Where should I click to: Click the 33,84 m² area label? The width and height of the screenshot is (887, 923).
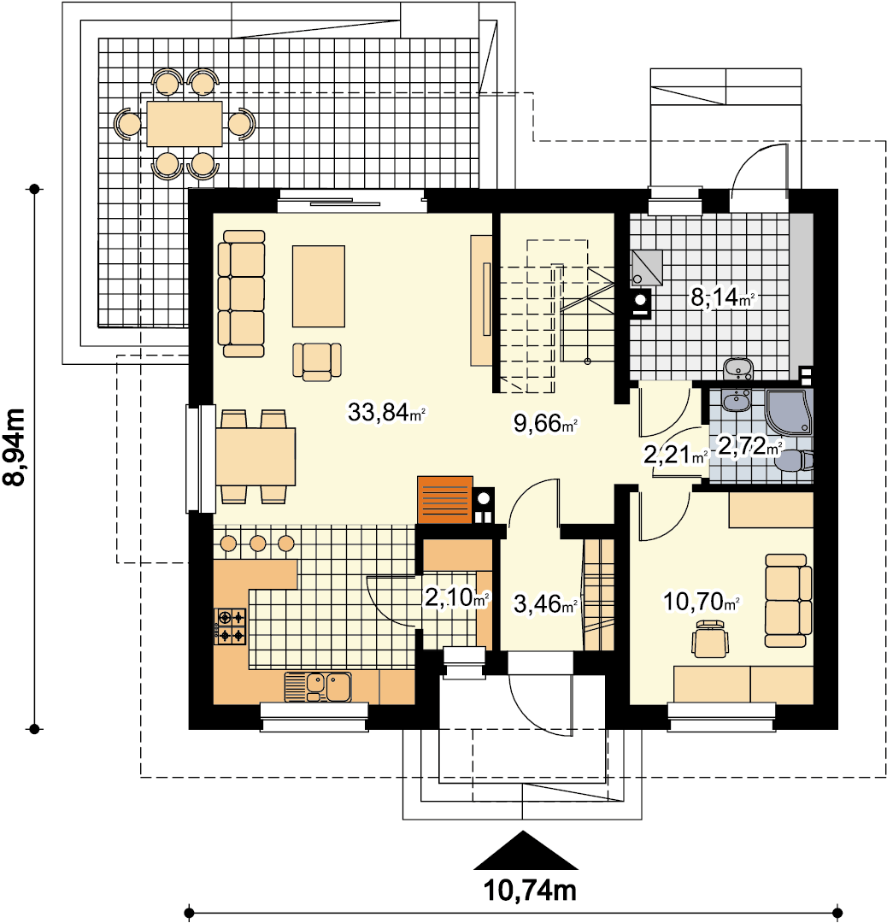(386, 412)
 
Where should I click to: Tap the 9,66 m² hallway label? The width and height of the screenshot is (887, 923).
(546, 423)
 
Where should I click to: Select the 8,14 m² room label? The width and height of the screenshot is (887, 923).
(722, 297)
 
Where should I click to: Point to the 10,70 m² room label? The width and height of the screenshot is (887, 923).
(701, 602)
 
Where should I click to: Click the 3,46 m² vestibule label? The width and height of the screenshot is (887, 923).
(545, 604)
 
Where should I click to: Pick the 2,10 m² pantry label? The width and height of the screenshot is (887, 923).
(456, 598)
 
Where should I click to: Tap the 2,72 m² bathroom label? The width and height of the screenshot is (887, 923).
(749, 445)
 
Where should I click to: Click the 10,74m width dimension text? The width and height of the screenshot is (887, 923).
(530, 891)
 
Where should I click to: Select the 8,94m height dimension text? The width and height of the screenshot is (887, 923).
(15, 447)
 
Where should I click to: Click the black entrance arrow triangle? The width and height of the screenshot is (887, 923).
(526, 850)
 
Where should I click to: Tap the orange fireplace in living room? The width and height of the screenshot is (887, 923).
(445, 499)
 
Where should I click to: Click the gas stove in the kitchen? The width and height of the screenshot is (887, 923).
(231, 626)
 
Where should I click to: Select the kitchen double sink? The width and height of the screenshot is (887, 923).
(318, 687)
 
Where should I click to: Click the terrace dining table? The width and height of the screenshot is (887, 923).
(185, 124)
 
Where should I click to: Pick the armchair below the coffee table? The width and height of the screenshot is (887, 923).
(317, 362)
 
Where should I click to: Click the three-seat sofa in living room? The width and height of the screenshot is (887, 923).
(241, 294)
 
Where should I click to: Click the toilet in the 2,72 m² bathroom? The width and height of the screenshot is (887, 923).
(794, 461)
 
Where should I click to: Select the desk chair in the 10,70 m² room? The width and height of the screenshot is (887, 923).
(711, 638)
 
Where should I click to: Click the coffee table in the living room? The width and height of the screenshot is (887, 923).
(319, 286)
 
